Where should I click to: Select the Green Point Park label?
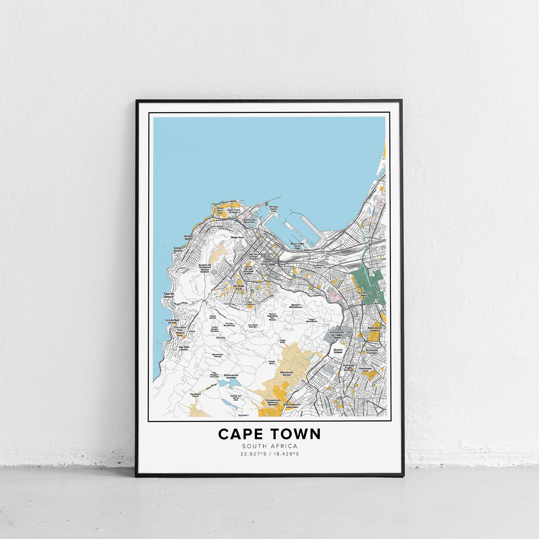[220, 211]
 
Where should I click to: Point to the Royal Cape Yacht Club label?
[297, 246]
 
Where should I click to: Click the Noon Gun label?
[237, 238]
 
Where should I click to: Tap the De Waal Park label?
[238, 288]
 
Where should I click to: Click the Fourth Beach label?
[169, 295]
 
